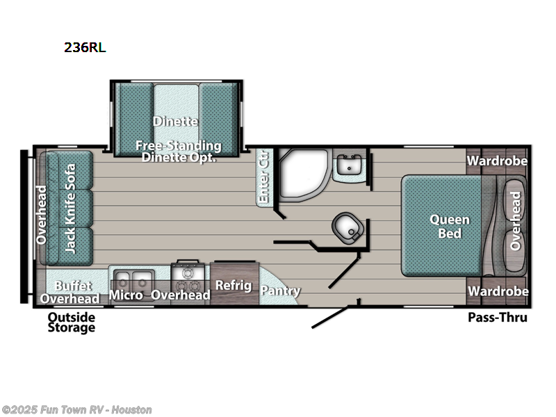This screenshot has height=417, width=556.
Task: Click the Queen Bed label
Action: (450, 227)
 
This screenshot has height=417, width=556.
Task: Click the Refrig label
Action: (228, 284)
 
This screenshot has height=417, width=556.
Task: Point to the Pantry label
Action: (281, 291)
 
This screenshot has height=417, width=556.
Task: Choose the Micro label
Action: (127, 295)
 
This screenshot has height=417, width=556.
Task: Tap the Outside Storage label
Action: (72, 322)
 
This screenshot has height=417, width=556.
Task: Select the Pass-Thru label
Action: (498, 318)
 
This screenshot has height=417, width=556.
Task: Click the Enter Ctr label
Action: (263, 177)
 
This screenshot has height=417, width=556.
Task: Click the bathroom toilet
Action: (347, 226)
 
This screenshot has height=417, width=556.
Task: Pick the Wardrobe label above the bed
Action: (497, 161)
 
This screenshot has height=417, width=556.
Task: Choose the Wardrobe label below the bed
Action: (498, 291)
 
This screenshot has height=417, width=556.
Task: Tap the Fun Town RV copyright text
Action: (77, 410)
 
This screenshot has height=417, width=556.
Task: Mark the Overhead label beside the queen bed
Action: (516, 220)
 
